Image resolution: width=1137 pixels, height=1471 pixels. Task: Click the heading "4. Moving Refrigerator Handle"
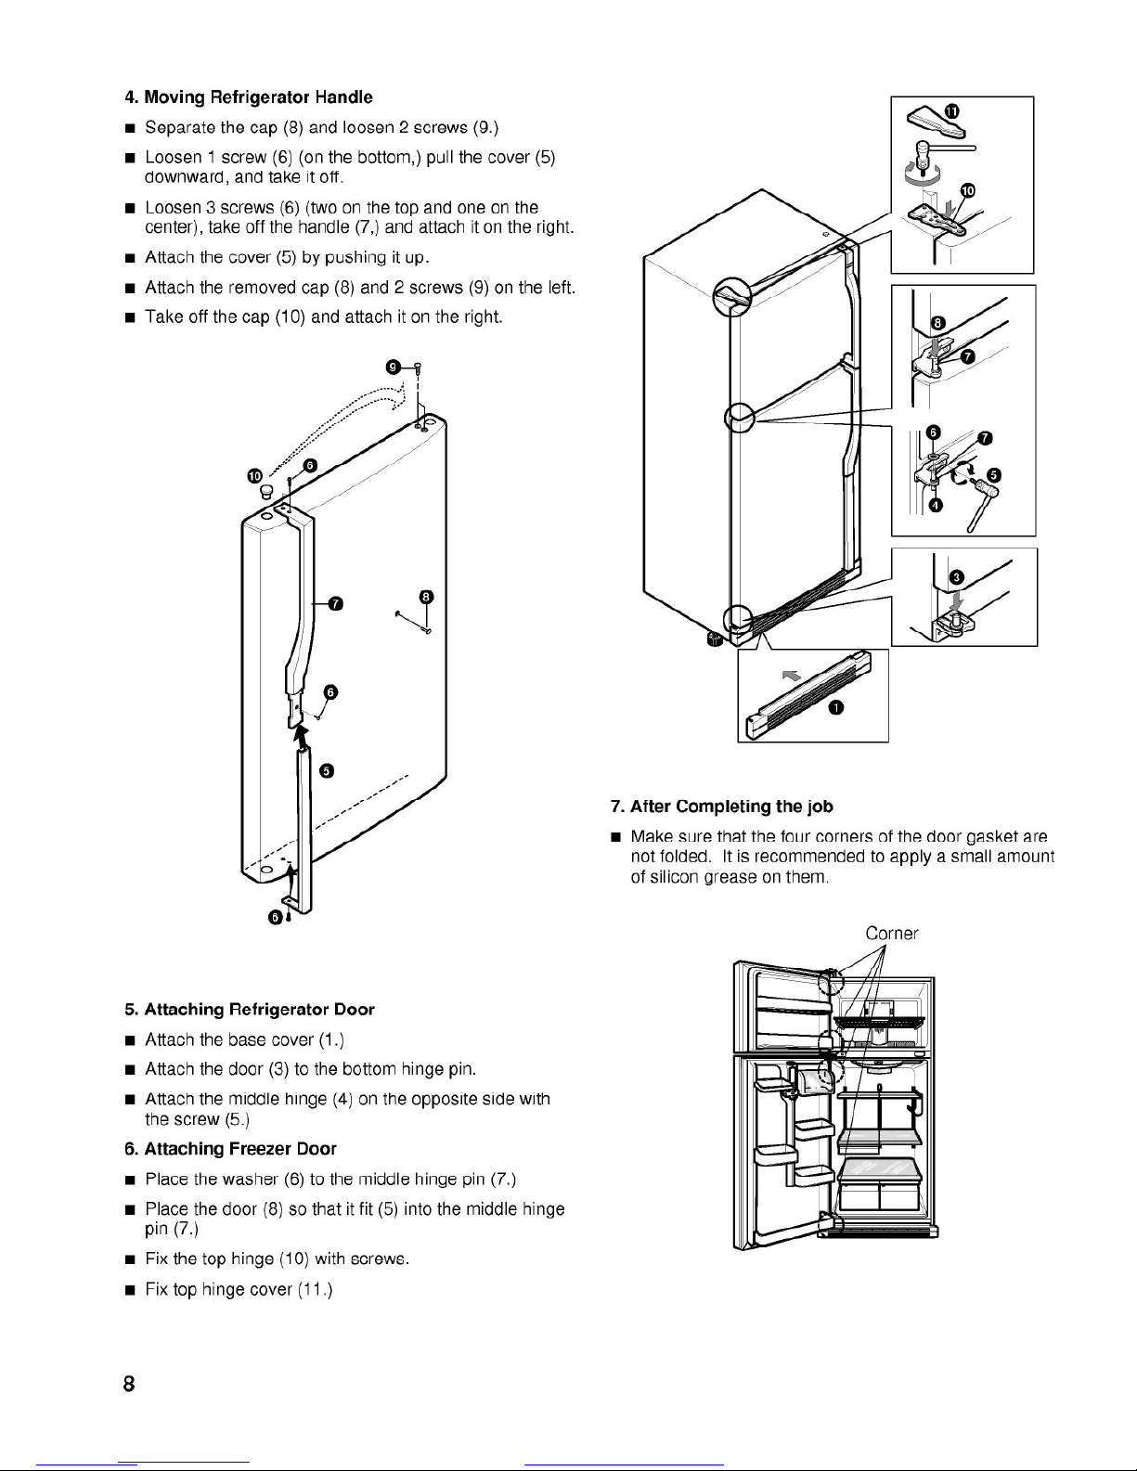(x=249, y=97)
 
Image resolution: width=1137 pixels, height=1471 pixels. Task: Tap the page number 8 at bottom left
(x=129, y=1385)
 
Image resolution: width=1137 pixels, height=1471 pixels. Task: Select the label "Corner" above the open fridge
(x=891, y=934)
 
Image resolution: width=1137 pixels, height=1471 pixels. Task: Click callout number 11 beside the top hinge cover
(x=951, y=110)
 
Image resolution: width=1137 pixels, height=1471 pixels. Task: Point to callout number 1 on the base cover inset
(x=836, y=709)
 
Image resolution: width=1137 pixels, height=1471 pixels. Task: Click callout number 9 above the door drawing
(x=394, y=368)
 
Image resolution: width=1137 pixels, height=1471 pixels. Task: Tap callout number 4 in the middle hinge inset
(x=936, y=504)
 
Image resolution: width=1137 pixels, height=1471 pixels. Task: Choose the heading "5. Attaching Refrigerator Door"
(x=250, y=1009)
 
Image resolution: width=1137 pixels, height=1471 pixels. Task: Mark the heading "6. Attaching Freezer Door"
(x=230, y=1149)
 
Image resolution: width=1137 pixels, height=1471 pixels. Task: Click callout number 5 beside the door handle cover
(x=326, y=771)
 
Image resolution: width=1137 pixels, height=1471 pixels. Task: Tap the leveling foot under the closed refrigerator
(x=715, y=639)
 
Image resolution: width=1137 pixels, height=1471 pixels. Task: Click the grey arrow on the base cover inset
(x=791, y=676)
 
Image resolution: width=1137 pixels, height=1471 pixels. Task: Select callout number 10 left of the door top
(x=254, y=476)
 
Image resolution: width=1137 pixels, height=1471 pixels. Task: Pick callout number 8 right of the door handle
(x=425, y=596)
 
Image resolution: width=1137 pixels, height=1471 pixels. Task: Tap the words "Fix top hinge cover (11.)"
(x=239, y=1289)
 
